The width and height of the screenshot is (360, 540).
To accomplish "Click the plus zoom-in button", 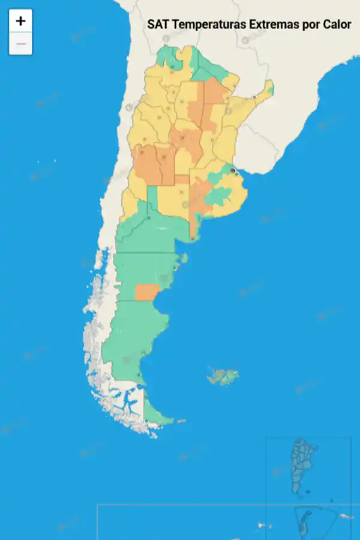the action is tap(20, 21).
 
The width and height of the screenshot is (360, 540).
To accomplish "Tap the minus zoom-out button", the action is tap(20, 44).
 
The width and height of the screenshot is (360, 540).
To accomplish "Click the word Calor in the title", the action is tap(338, 25).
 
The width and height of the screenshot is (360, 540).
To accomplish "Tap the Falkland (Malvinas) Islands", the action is tap(223, 377).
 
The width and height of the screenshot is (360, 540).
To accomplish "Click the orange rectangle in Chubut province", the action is tap(146, 292).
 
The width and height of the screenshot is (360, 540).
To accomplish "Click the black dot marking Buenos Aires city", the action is tap(233, 170).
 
